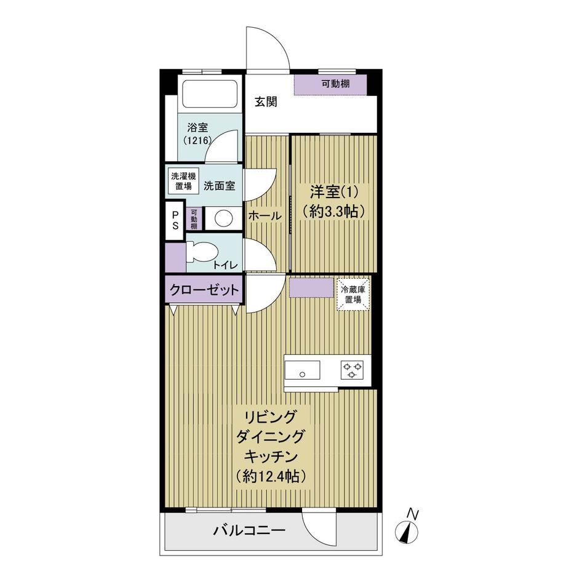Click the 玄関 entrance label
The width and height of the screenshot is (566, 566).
coord(266,102)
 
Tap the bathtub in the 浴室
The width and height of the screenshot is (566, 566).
coord(209,93)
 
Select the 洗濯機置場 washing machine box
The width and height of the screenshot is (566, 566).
coord(183,181)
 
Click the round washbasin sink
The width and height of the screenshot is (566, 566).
coord(224,218)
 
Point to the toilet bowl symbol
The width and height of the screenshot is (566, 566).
coord(201,252)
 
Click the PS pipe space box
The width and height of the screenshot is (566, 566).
coord(175,220)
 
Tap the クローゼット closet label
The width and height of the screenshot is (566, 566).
coord(204,290)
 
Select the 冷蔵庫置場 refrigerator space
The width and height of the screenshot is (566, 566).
coord(353,293)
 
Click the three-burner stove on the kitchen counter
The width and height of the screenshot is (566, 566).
coord(352,370)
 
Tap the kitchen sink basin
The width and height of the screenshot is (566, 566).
coord(302,370)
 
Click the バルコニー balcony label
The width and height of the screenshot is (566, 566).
coord(249,530)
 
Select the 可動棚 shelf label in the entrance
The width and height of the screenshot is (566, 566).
coord(336,84)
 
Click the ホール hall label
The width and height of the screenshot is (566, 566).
coord(265,216)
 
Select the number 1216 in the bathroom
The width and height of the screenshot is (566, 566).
coord(197,140)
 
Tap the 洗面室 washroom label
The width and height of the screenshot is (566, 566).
coord(220,186)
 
